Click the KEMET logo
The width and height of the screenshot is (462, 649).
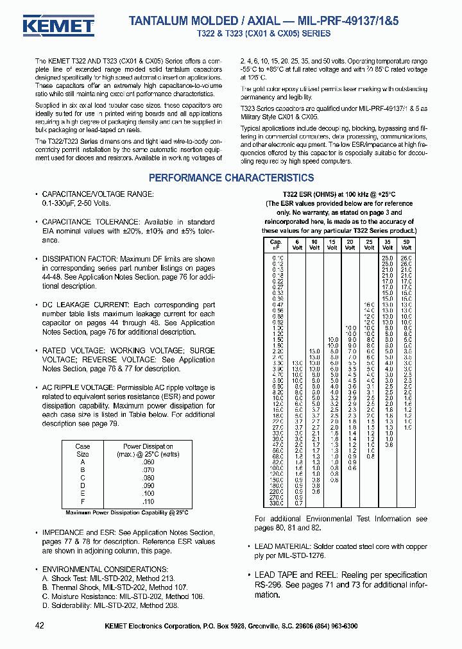click(58, 26)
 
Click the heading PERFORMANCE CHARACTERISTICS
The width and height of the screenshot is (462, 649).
click(231, 178)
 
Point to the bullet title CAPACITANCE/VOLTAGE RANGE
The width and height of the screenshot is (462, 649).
click(98, 194)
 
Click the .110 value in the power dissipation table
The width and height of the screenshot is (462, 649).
click(148, 501)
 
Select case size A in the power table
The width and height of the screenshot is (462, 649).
click(83, 462)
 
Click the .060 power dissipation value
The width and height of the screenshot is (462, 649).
click(148, 462)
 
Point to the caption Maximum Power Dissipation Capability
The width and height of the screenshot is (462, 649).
click(127, 512)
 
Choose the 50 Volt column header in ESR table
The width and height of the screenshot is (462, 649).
click(407, 244)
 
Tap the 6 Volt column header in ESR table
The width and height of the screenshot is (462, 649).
click(296, 244)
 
